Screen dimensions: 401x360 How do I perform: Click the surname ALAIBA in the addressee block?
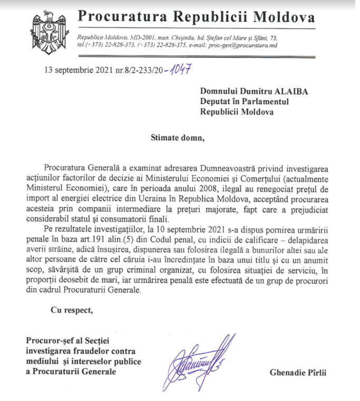point(289,90)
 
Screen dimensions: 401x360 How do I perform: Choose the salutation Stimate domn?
point(177,139)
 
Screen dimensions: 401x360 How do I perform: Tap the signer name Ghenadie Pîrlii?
point(298,373)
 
